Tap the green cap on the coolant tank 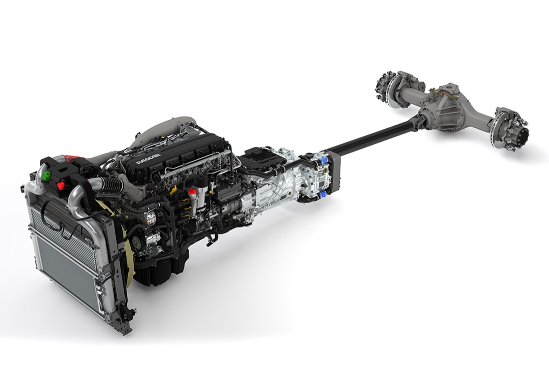[45, 176]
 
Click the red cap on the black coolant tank [61, 185]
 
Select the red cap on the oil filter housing [192, 192]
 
